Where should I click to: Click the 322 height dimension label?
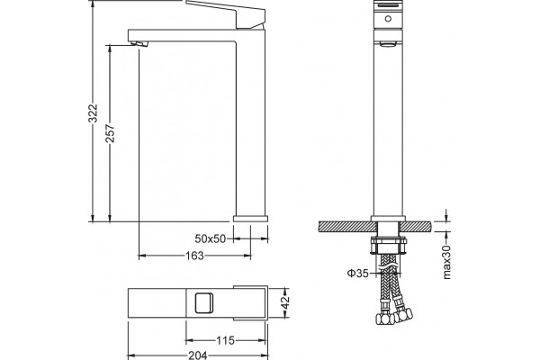click(93, 113)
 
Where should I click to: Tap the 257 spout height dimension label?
click(110, 133)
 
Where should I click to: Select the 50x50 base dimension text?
click(210, 238)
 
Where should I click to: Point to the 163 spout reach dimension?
click(195, 256)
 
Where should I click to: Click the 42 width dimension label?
click(285, 302)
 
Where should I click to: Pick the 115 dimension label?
click(225, 341)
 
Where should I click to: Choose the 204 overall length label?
click(198, 355)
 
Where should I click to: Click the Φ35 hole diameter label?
click(358, 274)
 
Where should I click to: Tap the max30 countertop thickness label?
click(446, 262)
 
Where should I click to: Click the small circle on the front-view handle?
click(388, 19)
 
